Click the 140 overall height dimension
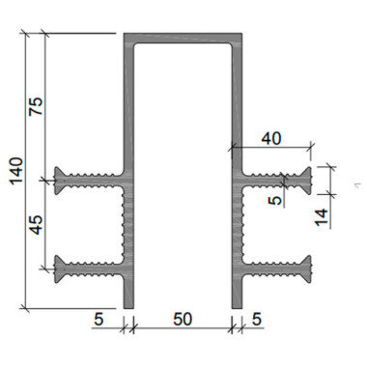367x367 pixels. (x=16, y=171)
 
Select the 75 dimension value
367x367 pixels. (x=36, y=106)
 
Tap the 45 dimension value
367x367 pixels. (x=36, y=225)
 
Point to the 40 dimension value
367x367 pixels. (x=271, y=139)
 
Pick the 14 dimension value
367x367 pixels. (x=322, y=217)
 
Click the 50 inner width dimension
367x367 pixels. (x=183, y=320)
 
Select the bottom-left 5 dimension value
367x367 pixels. (x=99, y=320)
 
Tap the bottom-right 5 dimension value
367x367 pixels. (x=257, y=320)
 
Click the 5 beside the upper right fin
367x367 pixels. (x=274, y=201)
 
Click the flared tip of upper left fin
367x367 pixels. (x=57, y=181)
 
